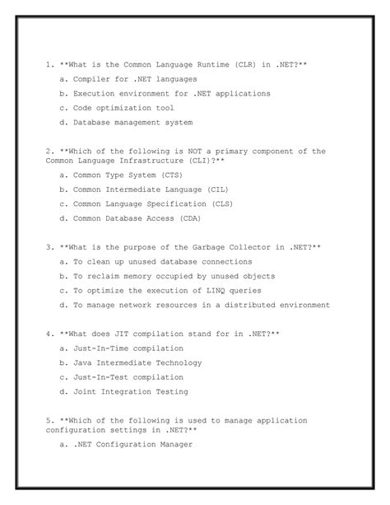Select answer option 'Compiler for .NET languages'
coord(135,79)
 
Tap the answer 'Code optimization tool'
coord(123,108)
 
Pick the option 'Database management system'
coord(132,123)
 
